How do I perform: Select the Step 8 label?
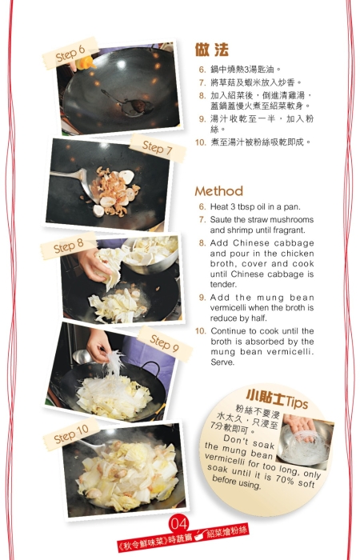(x=69, y=246)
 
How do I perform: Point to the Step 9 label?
(x=164, y=343)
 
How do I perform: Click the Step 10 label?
(x=71, y=434)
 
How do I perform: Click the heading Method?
(x=218, y=191)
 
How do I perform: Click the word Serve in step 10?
(x=222, y=362)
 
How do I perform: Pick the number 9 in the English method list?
(x=202, y=298)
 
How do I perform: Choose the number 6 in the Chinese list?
(x=202, y=70)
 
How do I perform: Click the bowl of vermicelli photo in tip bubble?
(x=303, y=440)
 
